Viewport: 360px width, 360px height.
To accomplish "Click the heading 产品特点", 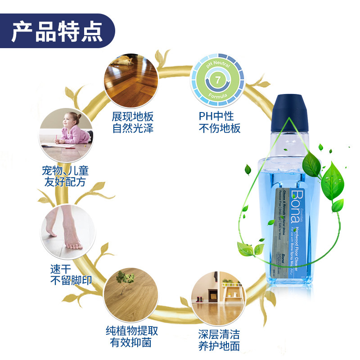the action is (x=57, y=31).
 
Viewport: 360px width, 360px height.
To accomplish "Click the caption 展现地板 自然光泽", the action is (x=133, y=122).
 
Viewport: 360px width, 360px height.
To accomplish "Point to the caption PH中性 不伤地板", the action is (x=220, y=122).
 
